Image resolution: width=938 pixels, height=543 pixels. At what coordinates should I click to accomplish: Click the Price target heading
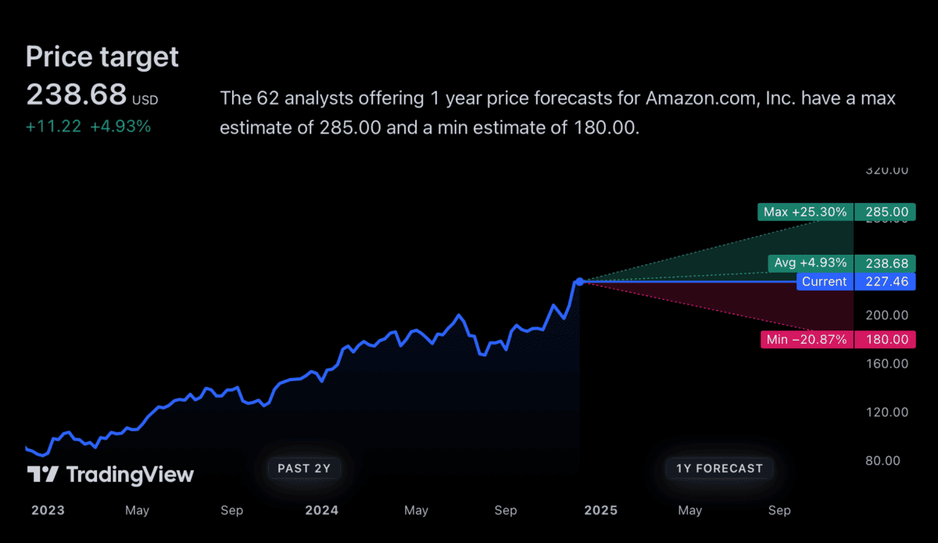click(102, 57)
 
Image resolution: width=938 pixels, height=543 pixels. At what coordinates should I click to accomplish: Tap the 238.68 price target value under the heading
click(77, 95)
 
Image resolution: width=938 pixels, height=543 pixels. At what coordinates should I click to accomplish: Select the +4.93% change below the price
click(120, 127)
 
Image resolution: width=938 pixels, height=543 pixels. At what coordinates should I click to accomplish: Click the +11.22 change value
click(53, 127)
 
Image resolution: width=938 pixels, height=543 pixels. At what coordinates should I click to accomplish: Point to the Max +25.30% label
click(805, 212)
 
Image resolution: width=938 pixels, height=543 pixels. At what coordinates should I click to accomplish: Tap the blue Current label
click(825, 281)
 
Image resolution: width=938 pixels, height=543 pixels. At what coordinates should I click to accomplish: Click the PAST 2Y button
click(304, 469)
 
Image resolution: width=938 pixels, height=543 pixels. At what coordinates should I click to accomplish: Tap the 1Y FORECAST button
click(719, 469)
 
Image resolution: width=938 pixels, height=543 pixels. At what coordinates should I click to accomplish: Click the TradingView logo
click(110, 474)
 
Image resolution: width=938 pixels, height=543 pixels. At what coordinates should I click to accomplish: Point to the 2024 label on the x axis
click(321, 510)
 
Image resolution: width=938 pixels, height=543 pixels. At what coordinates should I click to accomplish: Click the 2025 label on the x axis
click(601, 510)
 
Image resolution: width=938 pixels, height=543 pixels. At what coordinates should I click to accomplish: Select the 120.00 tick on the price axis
click(888, 412)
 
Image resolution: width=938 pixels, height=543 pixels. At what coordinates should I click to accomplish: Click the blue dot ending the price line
click(579, 281)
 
